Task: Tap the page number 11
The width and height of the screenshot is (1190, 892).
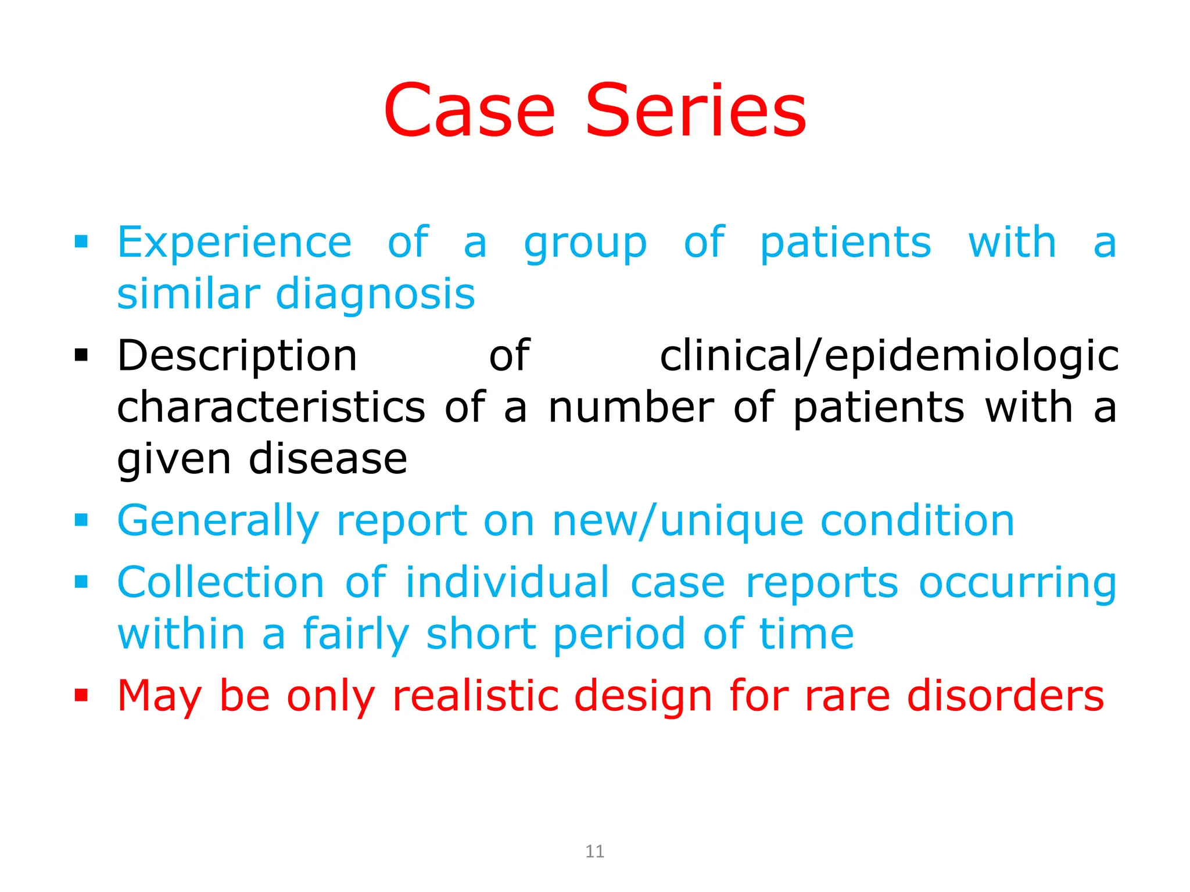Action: [594, 851]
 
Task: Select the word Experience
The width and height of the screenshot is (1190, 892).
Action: [234, 243]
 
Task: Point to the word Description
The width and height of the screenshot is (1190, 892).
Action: [237, 356]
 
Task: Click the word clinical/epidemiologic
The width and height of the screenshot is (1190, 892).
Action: [889, 356]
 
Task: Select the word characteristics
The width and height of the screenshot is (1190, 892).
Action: [271, 407]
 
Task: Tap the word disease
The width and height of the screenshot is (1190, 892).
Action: [328, 459]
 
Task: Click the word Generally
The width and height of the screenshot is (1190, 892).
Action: [218, 521]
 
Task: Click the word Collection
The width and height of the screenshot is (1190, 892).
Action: [221, 582]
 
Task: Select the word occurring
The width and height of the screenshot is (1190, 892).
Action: [1017, 582]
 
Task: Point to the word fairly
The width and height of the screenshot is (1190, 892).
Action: [356, 634]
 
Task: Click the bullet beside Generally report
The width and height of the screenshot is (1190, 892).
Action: [81, 520]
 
